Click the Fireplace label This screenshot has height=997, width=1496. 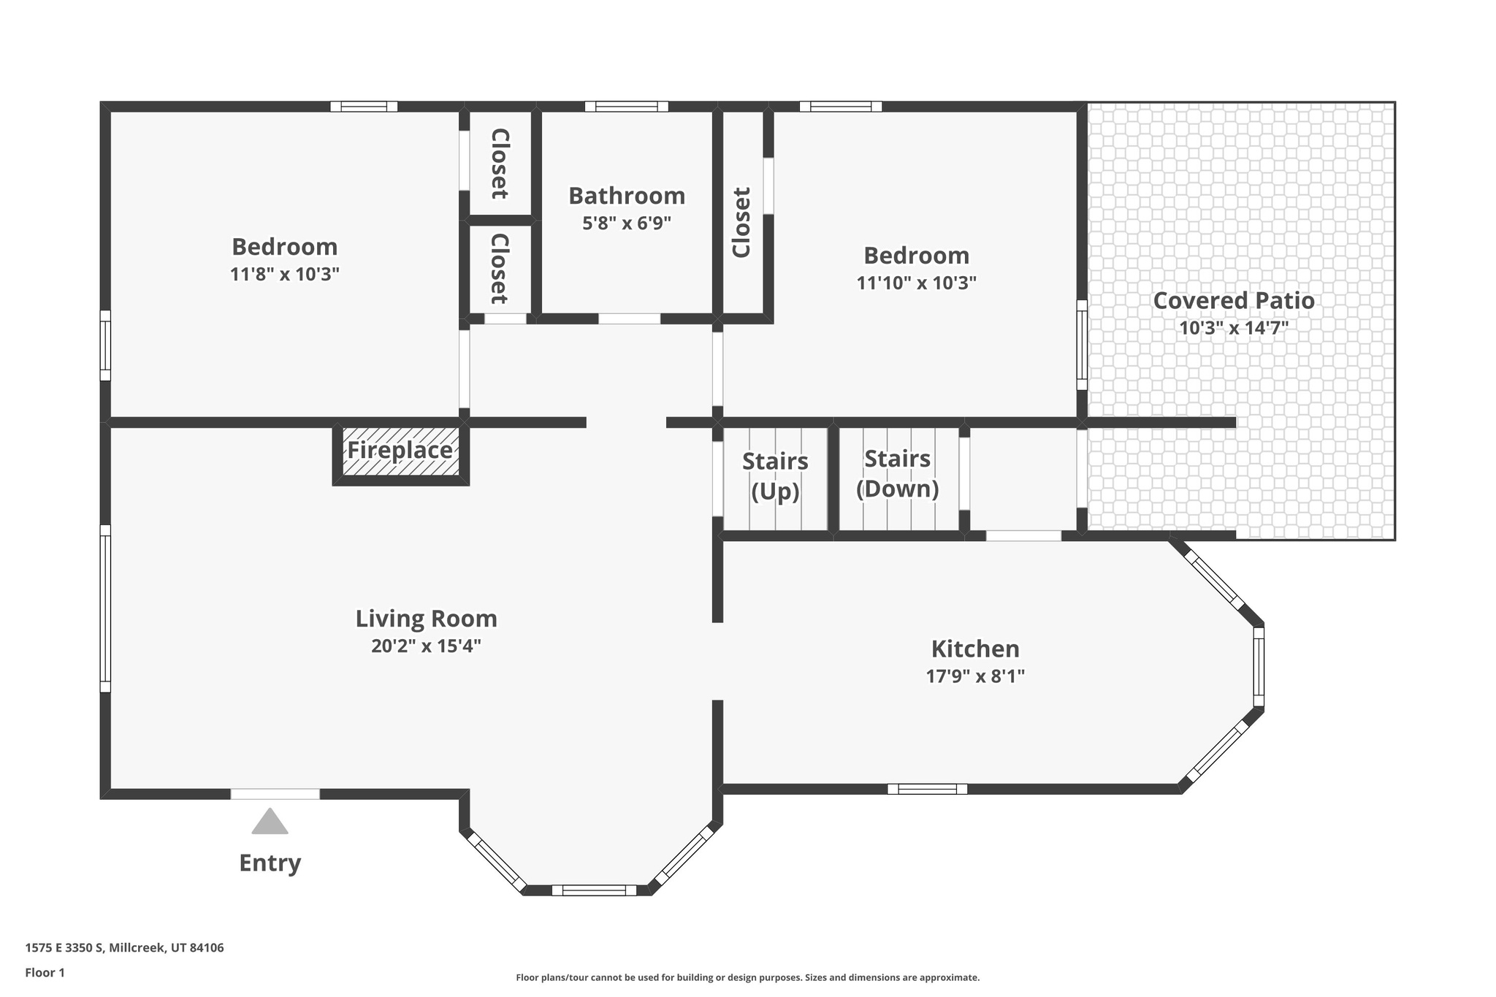tap(400, 450)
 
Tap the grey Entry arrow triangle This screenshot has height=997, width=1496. tap(270, 821)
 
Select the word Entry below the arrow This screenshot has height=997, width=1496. tap(270, 863)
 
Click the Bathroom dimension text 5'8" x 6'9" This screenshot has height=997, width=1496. tap(627, 224)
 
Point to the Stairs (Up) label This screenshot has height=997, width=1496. tap(775, 476)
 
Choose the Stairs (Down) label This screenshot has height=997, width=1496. tap(898, 473)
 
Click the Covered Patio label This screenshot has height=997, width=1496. tap(1234, 300)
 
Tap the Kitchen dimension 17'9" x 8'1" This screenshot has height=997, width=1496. tap(976, 676)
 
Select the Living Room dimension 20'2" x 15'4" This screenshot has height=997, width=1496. tap(427, 646)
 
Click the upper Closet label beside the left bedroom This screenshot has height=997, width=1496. tap(500, 164)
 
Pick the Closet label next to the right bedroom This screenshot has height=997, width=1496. tap(741, 223)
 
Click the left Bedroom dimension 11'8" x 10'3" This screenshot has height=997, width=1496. tap(285, 275)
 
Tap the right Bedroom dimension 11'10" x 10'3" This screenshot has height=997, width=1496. tap(917, 283)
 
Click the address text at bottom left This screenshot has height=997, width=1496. tap(124, 948)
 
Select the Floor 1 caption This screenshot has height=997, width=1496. tap(45, 973)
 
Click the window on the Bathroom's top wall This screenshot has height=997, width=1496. tap(627, 107)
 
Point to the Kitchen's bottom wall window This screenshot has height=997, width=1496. tap(928, 789)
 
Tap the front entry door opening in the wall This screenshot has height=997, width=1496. tap(275, 794)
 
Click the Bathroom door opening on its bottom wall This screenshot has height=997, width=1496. tap(630, 318)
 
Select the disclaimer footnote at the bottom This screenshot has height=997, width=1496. tap(748, 977)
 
